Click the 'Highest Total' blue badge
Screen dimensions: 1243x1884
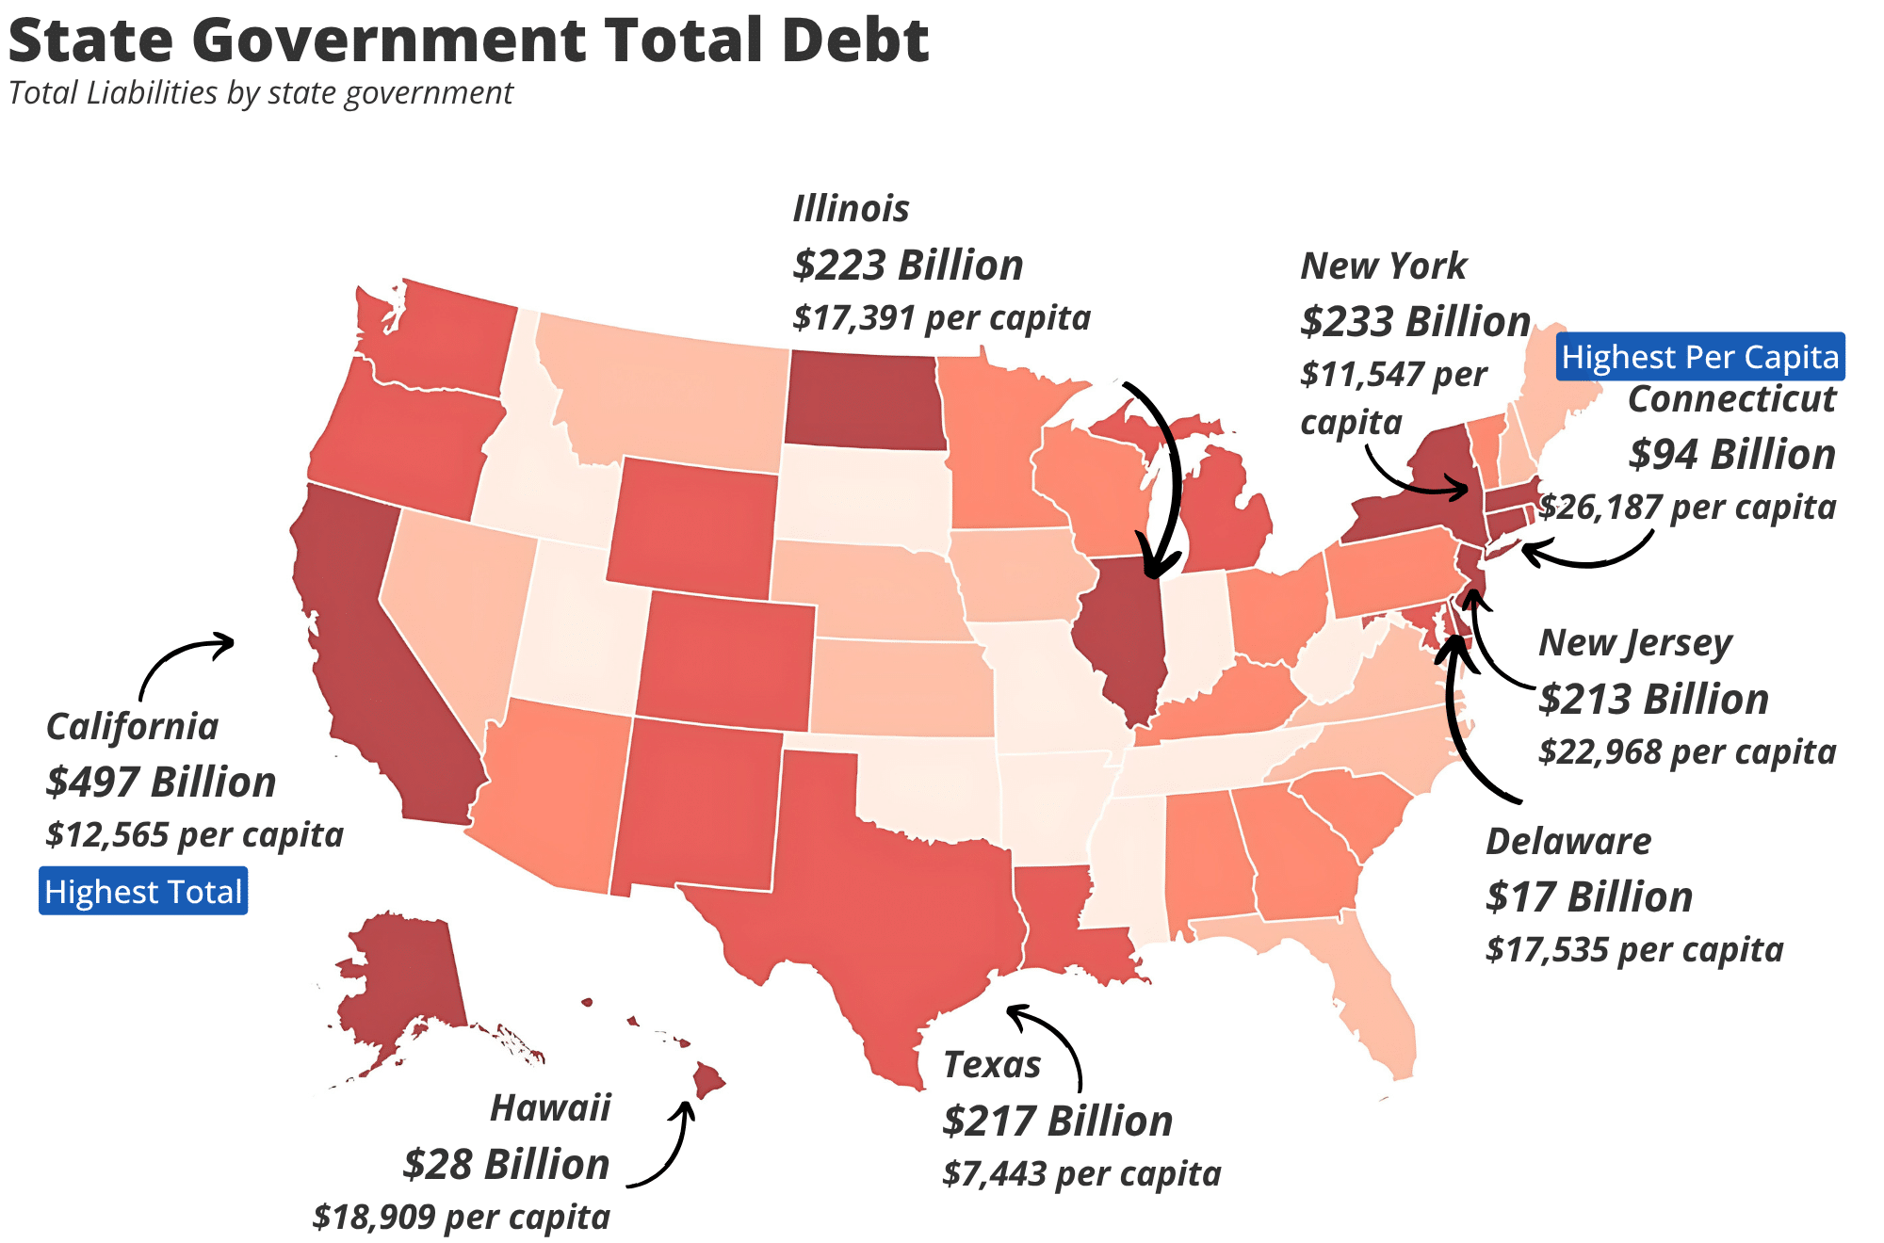143,891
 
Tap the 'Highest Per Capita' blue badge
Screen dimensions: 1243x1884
1699,357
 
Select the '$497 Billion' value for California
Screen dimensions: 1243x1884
161,782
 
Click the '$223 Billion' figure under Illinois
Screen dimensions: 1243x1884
908,265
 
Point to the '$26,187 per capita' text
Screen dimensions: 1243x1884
1688,507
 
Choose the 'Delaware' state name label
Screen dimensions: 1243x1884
1568,841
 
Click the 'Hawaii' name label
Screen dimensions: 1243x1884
550,1107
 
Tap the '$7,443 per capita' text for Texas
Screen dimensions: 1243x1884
1081,1173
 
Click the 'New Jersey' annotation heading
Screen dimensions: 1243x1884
1635,643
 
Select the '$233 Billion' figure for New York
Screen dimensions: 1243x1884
1415,321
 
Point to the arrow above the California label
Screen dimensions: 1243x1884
184,659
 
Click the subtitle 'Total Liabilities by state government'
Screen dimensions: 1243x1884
261,93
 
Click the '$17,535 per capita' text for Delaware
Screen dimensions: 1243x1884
1634,949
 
